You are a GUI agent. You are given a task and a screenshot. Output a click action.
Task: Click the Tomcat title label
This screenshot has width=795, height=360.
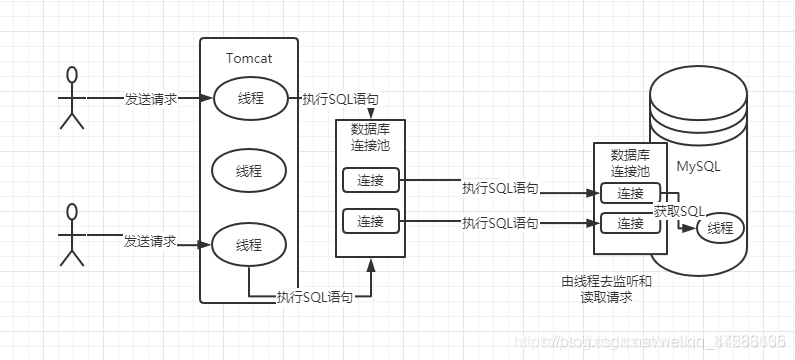(x=249, y=57)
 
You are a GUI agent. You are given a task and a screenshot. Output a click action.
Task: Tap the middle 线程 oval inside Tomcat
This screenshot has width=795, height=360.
(x=248, y=171)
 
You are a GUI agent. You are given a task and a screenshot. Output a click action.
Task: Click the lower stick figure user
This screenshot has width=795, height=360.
(x=71, y=235)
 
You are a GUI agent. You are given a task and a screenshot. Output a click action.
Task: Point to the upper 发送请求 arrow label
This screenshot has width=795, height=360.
(x=150, y=99)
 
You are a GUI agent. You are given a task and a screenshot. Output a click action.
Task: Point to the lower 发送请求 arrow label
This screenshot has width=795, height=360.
(x=150, y=242)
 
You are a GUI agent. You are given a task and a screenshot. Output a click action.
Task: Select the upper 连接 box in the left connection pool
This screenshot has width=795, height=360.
(x=371, y=181)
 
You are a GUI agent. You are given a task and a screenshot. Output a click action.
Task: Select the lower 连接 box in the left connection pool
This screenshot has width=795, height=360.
(x=371, y=219)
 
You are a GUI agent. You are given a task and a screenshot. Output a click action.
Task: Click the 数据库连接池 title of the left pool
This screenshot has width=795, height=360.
(x=371, y=136)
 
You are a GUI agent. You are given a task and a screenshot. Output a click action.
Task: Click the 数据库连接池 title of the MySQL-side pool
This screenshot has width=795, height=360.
(x=630, y=163)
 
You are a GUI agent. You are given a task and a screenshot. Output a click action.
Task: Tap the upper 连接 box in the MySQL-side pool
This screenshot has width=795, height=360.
(x=630, y=194)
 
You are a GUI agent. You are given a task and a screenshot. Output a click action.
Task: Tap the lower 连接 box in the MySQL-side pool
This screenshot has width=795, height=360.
(x=630, y=223)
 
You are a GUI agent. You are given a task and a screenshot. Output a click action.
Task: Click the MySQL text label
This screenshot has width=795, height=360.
(x=698, y=166)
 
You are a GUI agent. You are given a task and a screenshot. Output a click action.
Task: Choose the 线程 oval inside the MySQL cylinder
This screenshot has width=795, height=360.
(x=719, y=228)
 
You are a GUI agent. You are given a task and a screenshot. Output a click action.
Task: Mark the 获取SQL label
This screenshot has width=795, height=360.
(x=679, y=210)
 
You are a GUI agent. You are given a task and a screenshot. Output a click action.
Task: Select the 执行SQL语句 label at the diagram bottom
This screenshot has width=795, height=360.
(x=314, y=297)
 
